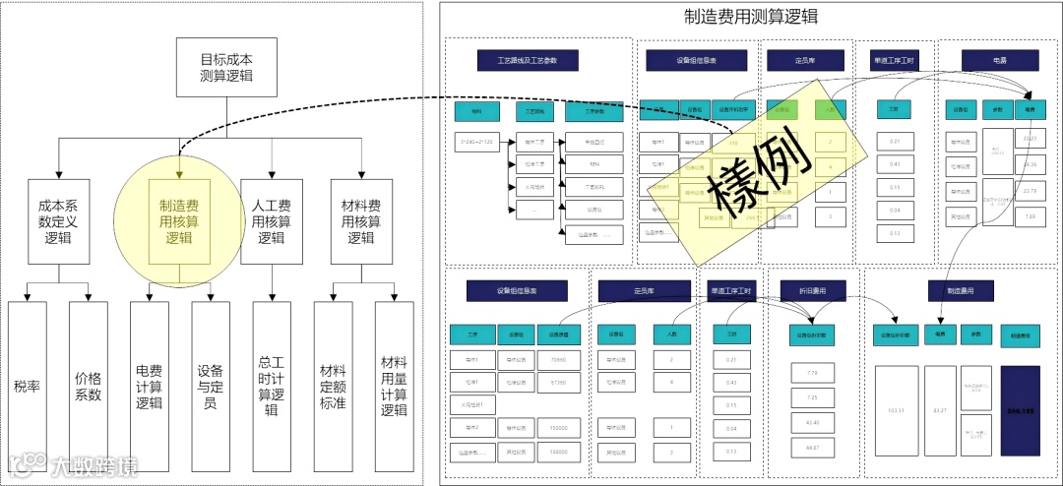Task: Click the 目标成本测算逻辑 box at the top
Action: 219,68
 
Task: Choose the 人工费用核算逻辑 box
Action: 272,221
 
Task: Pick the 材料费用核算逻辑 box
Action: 360,221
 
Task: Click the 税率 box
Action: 28,386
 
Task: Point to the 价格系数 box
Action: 89,386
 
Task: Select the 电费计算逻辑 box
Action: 150,386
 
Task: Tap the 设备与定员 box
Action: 211,386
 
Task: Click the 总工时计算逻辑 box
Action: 272,386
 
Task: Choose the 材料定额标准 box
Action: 333,386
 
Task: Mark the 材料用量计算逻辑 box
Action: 394,386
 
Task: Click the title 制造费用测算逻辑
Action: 751,17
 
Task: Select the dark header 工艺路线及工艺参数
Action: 527,61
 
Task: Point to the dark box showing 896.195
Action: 1021,409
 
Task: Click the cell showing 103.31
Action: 896,409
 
